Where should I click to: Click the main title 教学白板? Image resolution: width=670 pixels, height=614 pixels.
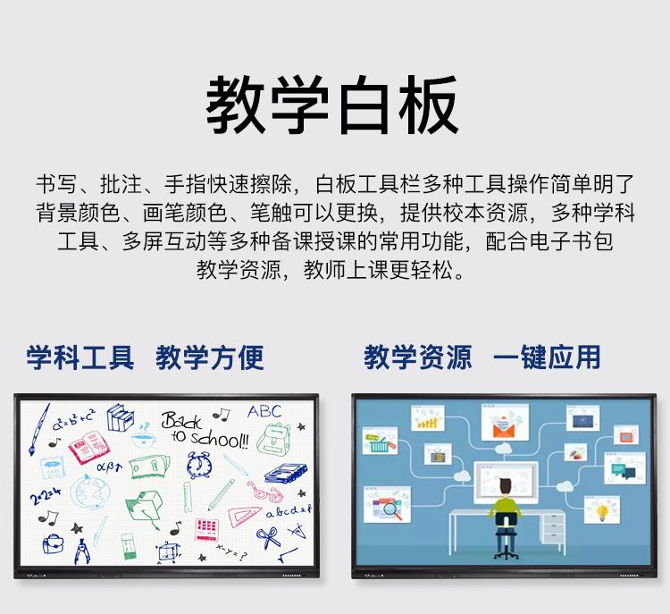point(332,105)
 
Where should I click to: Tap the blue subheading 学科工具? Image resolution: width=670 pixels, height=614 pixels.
point(80,357)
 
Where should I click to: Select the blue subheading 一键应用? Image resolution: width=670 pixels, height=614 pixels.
point(547,357)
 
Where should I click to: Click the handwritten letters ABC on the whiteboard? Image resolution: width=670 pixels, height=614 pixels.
point(264,411)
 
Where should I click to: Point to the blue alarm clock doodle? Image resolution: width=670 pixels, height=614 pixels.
point(199,465)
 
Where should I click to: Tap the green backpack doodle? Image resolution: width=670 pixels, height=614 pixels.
point(274,438)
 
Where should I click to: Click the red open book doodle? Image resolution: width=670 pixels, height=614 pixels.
point(89,447)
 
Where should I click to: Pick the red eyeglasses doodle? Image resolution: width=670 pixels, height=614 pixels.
point(264,492)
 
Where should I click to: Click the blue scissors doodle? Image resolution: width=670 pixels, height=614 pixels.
point(268,537)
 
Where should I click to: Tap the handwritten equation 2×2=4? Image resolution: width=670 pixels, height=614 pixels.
point(46,496)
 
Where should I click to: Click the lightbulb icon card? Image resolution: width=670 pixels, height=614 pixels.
point(601,509)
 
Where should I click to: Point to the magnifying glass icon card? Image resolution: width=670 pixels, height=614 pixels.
point(387,505)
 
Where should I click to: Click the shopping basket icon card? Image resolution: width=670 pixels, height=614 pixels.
point(380,441)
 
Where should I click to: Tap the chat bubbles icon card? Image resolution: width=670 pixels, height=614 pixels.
point(624,468)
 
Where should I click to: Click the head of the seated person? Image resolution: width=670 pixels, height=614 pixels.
point(506,486)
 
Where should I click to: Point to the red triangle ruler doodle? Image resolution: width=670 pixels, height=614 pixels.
point(244,517)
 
